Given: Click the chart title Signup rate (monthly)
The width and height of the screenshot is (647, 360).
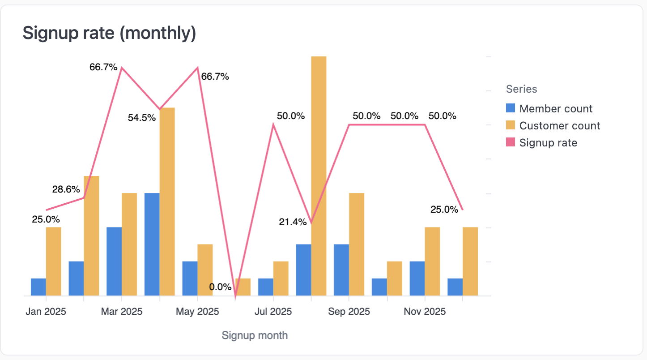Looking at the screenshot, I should coord(109,33).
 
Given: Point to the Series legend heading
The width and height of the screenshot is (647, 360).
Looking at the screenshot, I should coord(521,89).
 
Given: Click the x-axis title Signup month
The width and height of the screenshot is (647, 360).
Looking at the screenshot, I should coord(255,335).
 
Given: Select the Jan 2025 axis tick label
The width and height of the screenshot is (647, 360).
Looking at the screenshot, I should coord(46,312).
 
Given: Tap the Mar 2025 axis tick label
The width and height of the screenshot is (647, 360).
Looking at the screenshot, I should coord(122,312).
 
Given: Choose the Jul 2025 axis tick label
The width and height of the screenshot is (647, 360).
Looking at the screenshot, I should coord(273,312).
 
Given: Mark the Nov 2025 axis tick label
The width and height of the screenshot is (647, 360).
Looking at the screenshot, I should coord(425,312).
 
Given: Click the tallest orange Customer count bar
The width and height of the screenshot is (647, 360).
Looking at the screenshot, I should coord(319,176).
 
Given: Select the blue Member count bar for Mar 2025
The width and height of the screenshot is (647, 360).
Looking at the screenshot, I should coord(114,261).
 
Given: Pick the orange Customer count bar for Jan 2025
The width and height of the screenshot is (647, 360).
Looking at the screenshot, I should coord(54,261).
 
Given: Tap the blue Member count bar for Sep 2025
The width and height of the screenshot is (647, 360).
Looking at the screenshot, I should coord(341,270).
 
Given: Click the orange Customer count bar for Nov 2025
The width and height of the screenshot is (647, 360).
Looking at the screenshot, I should coord(432,261).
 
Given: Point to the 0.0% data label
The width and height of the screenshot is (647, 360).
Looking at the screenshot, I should coord(220,287).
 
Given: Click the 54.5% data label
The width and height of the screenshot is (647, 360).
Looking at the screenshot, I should coord(142,118).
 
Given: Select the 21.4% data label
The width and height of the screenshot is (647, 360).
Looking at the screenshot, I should coord(293,222).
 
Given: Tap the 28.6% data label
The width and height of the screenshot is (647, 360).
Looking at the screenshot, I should coord(66,189).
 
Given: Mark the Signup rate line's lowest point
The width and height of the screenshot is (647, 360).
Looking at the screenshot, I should coord(235,296).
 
